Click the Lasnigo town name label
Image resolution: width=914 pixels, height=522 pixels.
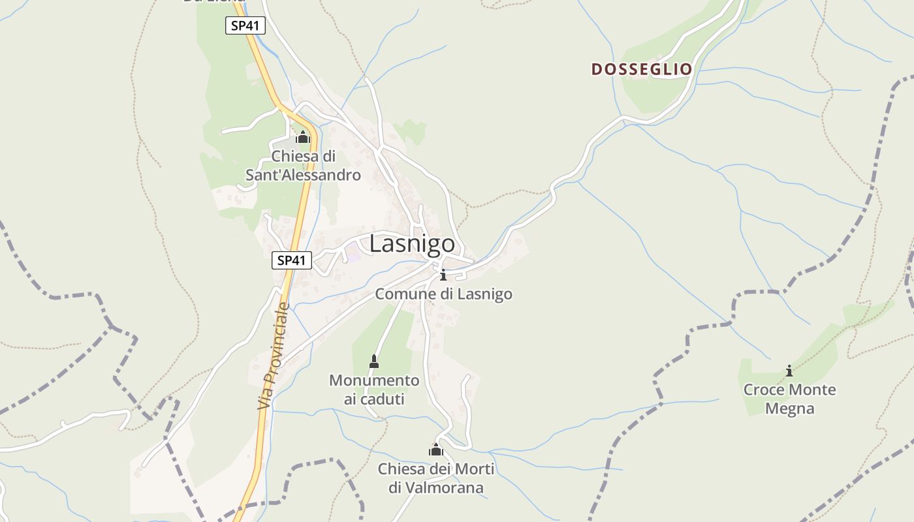[412, 243]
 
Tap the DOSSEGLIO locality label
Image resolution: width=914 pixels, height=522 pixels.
[641, 69]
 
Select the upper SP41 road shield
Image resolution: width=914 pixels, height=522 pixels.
[245, 26]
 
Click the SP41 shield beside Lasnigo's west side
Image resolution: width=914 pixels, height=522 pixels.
[292, 260]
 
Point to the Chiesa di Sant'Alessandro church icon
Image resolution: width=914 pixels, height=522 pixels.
[302, 137]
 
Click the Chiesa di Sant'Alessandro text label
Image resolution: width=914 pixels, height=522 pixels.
[303, 166]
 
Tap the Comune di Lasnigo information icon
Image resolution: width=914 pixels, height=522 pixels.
[443, 275]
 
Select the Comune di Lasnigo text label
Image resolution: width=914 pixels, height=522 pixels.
[443, 294]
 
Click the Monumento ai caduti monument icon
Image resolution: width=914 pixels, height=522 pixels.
[374, 361]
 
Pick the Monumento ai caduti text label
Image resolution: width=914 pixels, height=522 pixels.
[374, 390]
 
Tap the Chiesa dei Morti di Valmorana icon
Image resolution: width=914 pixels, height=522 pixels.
[436, 450]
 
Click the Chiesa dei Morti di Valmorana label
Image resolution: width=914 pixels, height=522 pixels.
[436, 478]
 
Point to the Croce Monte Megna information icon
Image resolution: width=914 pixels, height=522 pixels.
[789, 371]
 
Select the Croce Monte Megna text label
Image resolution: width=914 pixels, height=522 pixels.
[789, 399]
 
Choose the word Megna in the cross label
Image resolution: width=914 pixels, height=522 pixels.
[789, 409]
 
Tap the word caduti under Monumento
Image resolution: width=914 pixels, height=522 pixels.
[374, 399]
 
